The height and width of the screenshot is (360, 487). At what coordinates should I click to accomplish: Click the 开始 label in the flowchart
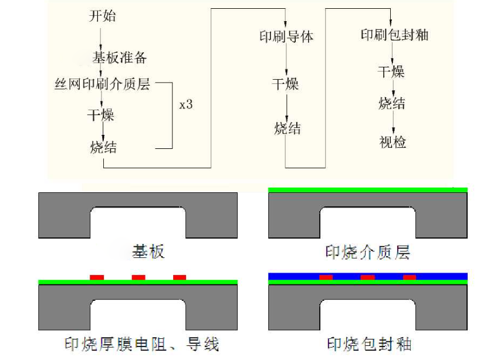point(102,16)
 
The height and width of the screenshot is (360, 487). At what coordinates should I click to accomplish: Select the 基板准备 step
point(119,57)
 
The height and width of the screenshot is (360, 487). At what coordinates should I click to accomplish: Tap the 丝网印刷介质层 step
point(102,84)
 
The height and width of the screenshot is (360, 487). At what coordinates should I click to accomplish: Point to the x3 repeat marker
point(186,105)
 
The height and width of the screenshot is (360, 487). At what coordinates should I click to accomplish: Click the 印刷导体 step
point(286,36)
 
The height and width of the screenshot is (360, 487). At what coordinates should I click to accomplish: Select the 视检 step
point(393,142)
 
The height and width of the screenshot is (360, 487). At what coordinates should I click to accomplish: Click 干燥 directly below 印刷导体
point(286,83)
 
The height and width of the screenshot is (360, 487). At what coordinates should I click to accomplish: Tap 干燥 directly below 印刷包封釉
point(391,72)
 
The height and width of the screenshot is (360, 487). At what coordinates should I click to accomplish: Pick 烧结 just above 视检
point(392,104)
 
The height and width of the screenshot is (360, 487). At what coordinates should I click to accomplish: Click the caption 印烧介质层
point(367,253)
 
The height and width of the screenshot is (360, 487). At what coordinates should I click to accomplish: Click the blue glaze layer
point(446,276)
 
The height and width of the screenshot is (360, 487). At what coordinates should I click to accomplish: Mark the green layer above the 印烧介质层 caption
point(367,190)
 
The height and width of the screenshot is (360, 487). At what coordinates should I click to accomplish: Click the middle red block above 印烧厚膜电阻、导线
point(138,277)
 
